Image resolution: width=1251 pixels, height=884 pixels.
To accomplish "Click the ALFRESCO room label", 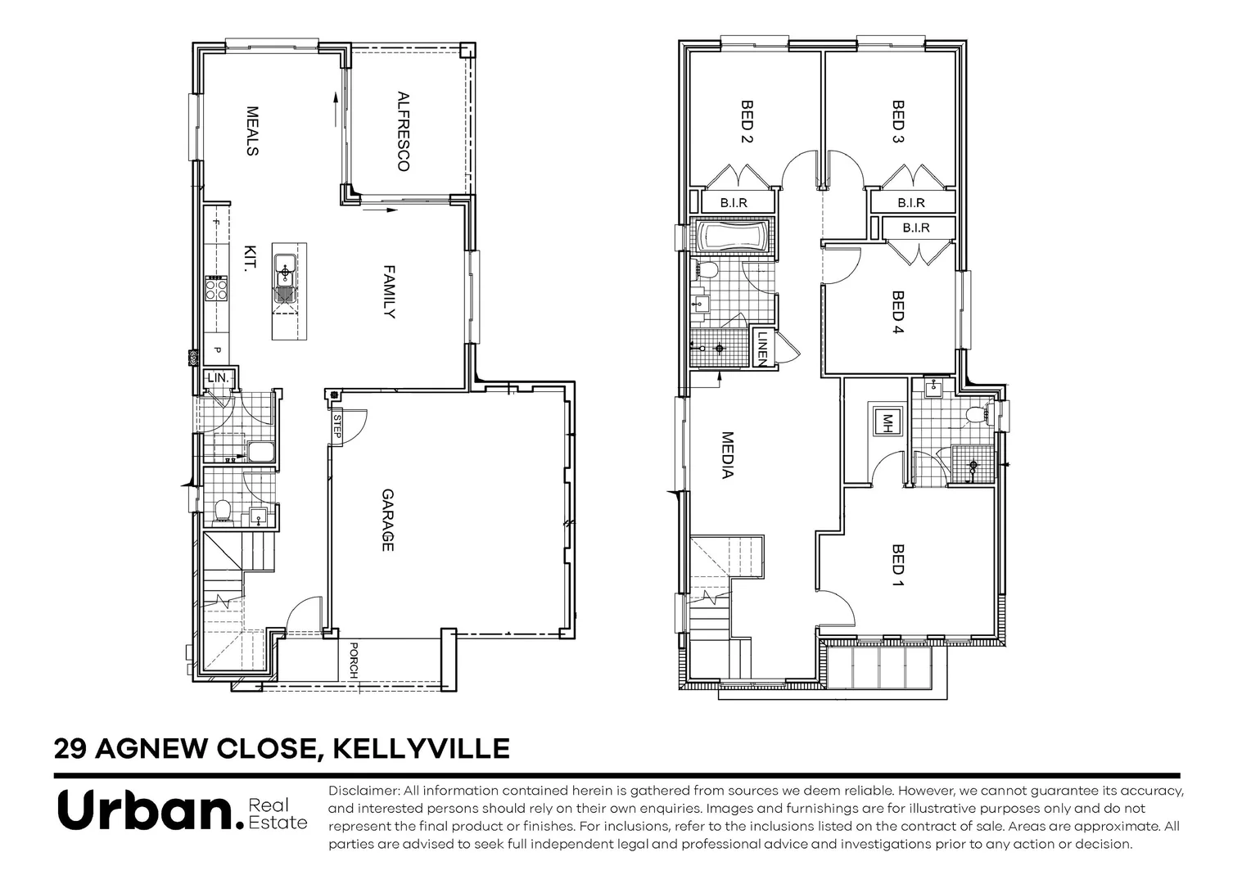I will [x=402, y=131].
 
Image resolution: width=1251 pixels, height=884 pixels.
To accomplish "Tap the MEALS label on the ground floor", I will [x=252, y=131].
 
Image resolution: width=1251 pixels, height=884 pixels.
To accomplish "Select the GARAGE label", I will [x=388, y=520].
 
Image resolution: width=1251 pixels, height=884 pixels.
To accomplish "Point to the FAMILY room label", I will [x=390, y=291].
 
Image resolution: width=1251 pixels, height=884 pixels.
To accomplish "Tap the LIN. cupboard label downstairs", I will [x=219, y=378].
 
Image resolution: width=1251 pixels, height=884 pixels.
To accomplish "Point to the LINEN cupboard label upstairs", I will [x=762, y=347].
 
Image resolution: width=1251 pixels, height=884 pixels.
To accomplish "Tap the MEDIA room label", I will [x=726, y=455].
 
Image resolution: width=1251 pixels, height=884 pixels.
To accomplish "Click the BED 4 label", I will [x=897, y=313].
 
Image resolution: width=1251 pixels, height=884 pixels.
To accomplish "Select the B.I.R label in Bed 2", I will [x=734, y=202].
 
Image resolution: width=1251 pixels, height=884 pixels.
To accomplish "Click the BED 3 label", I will [x=897, y=122].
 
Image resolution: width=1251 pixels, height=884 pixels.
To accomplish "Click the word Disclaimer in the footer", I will [x=363, y=791].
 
